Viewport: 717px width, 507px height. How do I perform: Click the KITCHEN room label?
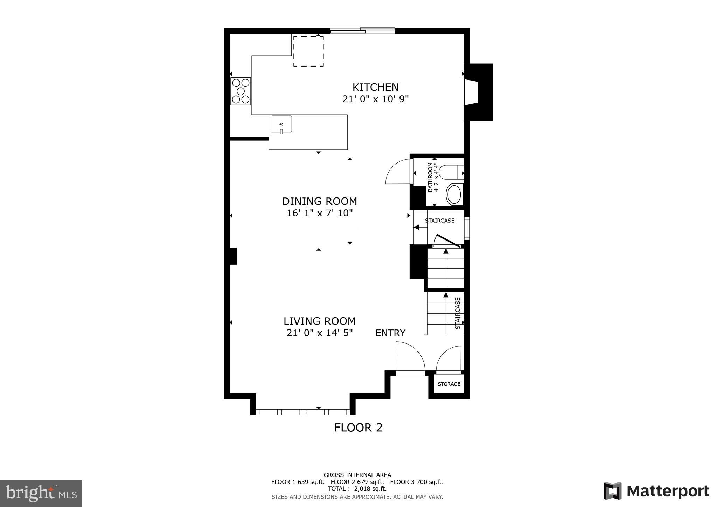click(375, 87)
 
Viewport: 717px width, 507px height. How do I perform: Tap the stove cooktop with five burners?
click(241, 91)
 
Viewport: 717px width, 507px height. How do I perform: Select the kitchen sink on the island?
click(281, 124)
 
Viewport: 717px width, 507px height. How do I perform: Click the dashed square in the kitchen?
click(308, 51)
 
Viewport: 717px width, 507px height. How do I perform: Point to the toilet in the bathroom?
click(451, 173)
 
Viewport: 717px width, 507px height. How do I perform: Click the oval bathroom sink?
click(454, 195)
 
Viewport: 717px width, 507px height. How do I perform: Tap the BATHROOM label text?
click(430, 177)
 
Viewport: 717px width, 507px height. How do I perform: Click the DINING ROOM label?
click(319, 201)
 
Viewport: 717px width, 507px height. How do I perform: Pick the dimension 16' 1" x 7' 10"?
click(319, 213)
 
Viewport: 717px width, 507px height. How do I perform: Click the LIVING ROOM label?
click(319, 321)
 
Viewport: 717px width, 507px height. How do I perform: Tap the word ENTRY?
click(390, 333)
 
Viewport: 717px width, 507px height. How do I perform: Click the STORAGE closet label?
click(449, 384)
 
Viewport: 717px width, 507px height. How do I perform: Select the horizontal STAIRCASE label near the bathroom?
click(439, 221)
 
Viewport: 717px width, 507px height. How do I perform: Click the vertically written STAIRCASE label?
click(458, 313)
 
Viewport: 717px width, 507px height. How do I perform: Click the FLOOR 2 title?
click(358, 428)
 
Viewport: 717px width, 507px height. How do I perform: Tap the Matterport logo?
click(656, 491)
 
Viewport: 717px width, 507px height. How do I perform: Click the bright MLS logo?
click(41, 493)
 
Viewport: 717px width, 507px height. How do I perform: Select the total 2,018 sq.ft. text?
click(357, 489)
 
